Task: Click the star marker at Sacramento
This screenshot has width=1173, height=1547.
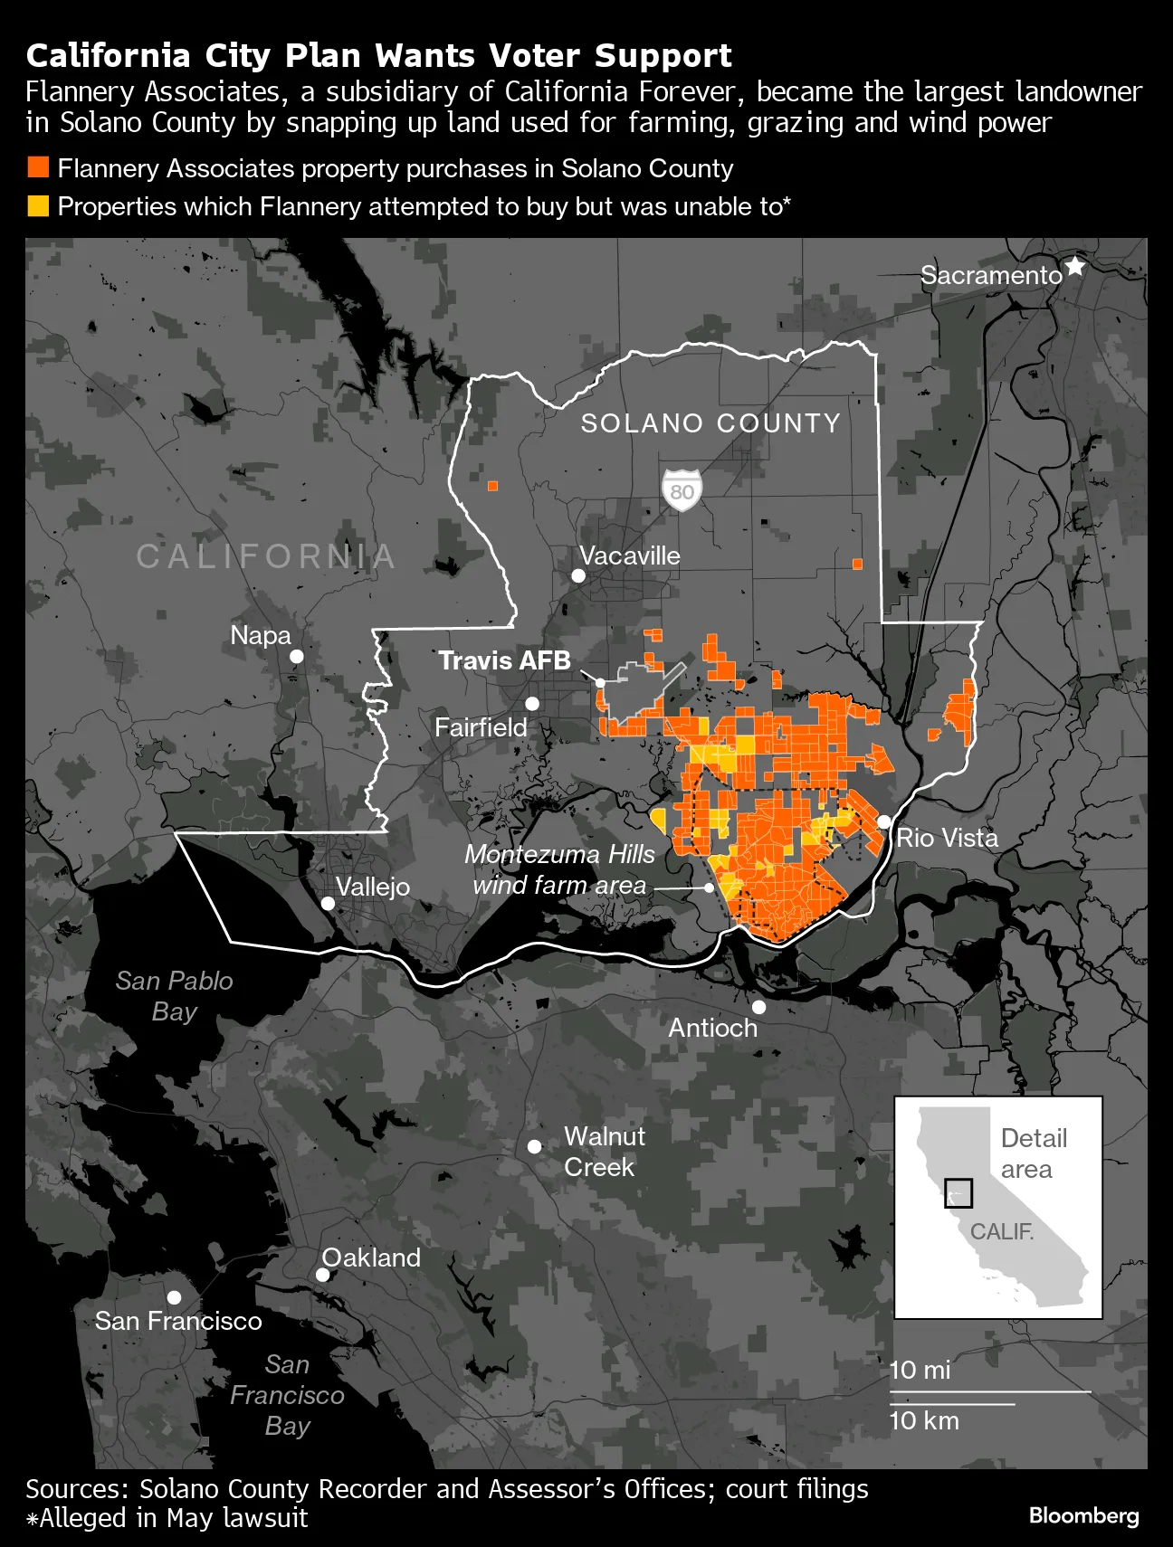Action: click(1074, 267)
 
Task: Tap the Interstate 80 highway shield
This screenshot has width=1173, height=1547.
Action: click(682, 490)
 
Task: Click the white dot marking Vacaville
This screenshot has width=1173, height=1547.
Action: click(578, 576)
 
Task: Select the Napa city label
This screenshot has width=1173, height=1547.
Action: click(261, 635)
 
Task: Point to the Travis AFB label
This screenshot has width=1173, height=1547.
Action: click(505, 660)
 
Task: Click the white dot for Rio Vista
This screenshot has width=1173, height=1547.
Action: click(883, 821)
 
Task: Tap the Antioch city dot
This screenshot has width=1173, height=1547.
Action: click(758, 1007)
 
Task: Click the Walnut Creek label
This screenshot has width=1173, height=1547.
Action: click(604, 1152)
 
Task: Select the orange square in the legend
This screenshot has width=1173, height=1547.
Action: click(38, 167)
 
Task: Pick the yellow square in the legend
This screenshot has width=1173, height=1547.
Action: click(38, 206)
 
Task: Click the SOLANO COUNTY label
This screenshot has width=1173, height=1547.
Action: click(710, 423)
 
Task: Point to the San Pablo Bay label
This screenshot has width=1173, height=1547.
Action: click(175, 995)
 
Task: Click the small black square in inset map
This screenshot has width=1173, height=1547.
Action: click(958, 1193)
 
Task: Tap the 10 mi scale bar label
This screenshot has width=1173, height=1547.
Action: click(920, 1370)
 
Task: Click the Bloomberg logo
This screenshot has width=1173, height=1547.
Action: click(1083, 1515)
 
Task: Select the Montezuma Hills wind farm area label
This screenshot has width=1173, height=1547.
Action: click(559, 869)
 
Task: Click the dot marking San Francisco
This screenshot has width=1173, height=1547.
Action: click(175, 1297)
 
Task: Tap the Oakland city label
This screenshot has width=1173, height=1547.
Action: click(371, 1258)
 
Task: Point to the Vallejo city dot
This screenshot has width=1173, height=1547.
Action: click(328, 903)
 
